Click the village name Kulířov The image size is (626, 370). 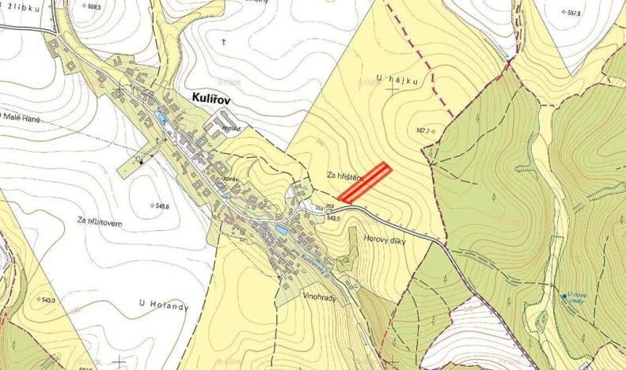click(216, 97)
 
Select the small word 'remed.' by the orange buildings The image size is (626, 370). click(230, 128)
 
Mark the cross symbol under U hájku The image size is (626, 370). click(393, 90)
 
